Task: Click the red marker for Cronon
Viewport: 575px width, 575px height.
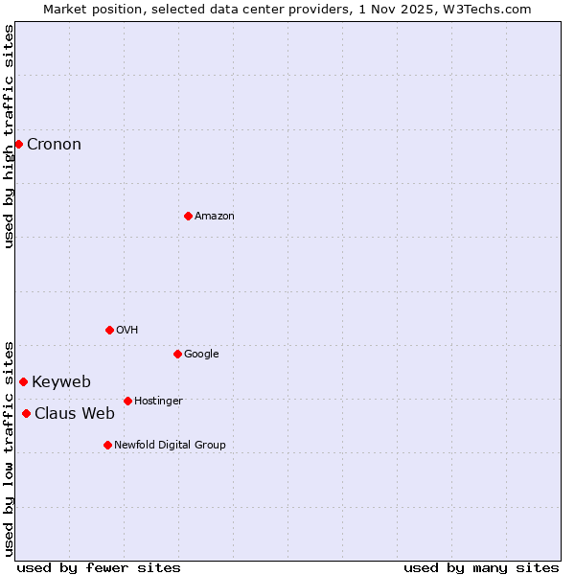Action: point(18,144)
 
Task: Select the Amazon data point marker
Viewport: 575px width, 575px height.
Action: point(188,216)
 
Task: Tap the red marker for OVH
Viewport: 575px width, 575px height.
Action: point(109,330)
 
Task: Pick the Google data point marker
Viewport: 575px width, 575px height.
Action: point(177,354)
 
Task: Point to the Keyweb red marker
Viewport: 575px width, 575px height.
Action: point(23,381)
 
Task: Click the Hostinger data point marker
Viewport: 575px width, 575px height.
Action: point(127,401)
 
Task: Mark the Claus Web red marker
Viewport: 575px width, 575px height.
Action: point(26,413)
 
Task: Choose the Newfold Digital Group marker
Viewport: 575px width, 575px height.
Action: point(107,445)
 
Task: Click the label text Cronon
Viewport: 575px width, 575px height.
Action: point(54,145)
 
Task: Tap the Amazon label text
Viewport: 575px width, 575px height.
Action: point(215,217)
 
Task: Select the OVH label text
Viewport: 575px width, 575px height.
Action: point(127,331)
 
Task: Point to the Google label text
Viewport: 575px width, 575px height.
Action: point(201,355)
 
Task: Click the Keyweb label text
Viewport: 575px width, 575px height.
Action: point(61,382)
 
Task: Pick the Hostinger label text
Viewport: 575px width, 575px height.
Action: point(158,402)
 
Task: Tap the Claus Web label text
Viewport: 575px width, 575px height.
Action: point(75,414)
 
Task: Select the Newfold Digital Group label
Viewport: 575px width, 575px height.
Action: point(170,446)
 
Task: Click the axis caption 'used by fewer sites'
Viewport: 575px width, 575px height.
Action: point(99,567)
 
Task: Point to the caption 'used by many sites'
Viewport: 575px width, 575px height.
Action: point(481,567)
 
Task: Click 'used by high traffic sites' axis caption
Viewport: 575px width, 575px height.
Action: point(9,136)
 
